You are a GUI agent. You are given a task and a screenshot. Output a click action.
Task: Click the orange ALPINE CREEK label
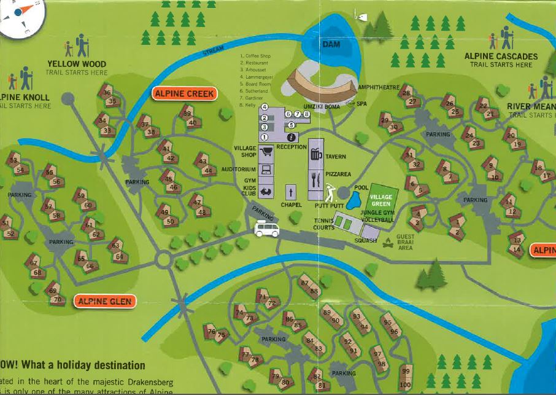click(185, 93)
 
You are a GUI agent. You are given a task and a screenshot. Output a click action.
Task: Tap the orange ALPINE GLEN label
click(104, 301)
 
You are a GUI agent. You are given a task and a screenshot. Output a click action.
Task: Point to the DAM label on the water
click(331, 45)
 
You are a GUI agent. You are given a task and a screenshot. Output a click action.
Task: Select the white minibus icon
click(267, 230)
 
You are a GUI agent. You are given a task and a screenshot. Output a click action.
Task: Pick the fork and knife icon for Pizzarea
click(316, 180)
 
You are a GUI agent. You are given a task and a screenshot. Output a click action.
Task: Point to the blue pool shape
click(354, 200)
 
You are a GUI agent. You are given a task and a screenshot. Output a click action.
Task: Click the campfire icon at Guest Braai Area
click(388, 244)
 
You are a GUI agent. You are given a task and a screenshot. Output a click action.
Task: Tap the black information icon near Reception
click(292, 138)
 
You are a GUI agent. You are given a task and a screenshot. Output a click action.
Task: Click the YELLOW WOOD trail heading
click(77, 64)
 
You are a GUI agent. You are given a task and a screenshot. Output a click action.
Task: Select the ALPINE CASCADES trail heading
click(501, 57)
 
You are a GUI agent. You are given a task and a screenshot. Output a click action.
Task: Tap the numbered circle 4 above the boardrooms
click(264, 107)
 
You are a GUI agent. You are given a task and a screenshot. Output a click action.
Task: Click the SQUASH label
click(365, 240)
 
